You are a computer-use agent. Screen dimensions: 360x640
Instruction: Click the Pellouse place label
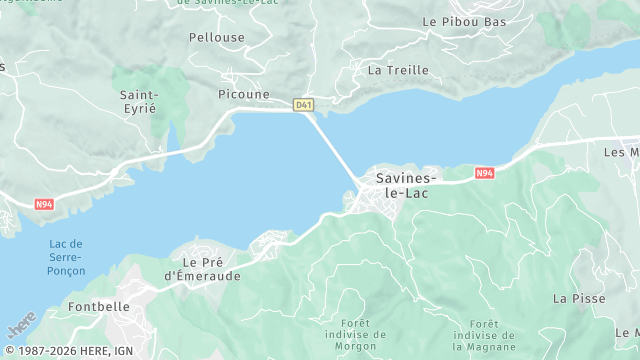pyautogui.click(x=216, y=37)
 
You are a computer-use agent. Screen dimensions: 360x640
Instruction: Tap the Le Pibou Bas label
pyautogui.click(x=464, y=21)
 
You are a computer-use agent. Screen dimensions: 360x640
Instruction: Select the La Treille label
pyautogui.click(x=398, y=70)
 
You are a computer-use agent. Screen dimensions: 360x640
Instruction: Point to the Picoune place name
pyautogui.click(x=244, y=94)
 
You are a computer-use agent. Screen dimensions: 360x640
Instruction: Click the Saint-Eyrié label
pyautogui.click(x=138, y=101)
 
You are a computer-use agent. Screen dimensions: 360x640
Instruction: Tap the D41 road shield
pyautogui.click(x=303, y=104)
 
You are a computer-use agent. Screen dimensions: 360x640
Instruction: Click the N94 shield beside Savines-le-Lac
pyautogui.click(x=484, y=173)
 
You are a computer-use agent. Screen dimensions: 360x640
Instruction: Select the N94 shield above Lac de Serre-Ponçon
pyautogui.click(x=44, y=205)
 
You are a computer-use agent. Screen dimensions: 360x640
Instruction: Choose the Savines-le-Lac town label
pyautogui.click(x=403, y=185)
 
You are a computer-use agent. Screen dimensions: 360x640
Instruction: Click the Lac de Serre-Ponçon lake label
pyautogui.click(x=66, y=257)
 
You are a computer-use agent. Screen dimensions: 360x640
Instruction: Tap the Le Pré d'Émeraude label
pyautogui.click(x=203, y=268)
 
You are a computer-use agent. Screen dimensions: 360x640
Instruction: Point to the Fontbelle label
pyautogui.click(x=99, y=308)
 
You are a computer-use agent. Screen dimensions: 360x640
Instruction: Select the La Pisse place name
pyautogui.click(x=574, y=298)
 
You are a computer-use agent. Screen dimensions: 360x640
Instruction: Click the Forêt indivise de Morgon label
pyautogui.click(x=355, y=335)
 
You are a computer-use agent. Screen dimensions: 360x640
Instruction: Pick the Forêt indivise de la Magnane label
pyautogui.click(x=484, y=335)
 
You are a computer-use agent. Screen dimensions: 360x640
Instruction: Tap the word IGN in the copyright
pyautogui.click(x=124, y=351)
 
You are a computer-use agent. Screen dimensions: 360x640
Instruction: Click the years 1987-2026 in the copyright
pyautogui.click(x=44, y=351)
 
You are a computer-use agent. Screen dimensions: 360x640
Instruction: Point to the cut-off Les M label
pyautogui.click(x=621, y=152)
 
